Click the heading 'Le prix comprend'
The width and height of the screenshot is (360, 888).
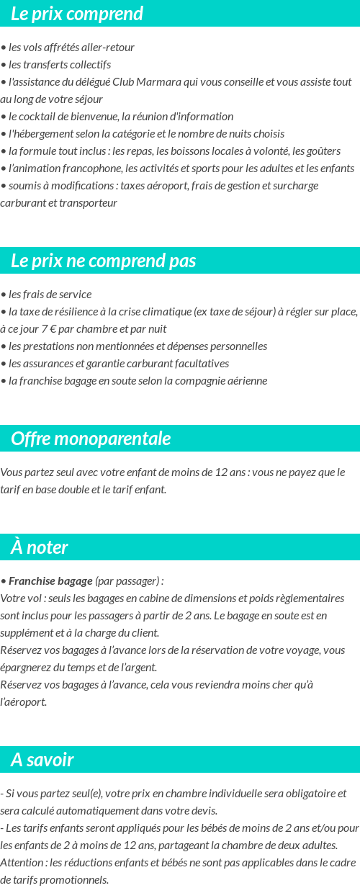click(77, 14)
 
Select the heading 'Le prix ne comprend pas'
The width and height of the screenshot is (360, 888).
click(104, 261)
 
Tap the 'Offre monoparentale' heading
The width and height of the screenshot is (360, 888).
click(91, 439)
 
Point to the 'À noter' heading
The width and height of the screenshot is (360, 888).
click(40, 547)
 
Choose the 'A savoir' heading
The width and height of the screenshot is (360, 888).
click(42, 760)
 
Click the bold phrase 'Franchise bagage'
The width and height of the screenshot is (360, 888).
click(50, 581)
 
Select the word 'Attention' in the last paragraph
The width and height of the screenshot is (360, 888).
click(22, 862)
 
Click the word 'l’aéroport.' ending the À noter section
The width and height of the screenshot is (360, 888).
click(24, 701)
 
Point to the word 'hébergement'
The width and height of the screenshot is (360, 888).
click(40, 134)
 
